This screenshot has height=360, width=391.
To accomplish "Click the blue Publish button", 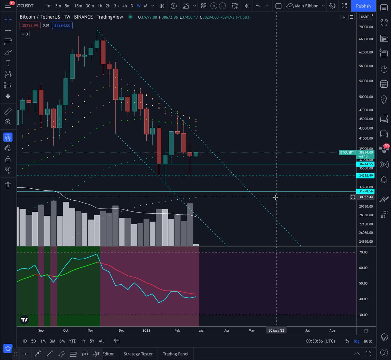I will (363, 6).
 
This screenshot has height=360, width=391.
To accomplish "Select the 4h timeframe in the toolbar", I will (124, 6).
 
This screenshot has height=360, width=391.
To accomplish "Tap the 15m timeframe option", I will (78, 6).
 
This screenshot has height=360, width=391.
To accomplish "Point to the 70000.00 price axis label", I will (366, 27).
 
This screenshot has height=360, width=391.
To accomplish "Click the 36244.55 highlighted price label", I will (366, 164).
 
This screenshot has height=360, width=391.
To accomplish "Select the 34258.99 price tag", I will (366, 176).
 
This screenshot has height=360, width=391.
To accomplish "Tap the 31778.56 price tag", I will (366, 191).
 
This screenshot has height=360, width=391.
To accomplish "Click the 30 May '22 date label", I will (276, 330).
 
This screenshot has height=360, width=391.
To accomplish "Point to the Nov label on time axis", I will (91, 330).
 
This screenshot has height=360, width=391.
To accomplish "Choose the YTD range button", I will (73, 341).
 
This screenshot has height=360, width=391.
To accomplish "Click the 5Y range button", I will (92, 341).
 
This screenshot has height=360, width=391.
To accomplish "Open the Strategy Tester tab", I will (138, 354).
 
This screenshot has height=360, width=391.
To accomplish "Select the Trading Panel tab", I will (176, 354).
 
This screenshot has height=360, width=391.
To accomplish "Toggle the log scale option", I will (357, 341).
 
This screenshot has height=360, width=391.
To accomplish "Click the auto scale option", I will (368, 341).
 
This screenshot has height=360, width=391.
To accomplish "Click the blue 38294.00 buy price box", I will (62, 25).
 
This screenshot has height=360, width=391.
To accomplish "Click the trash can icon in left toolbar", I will (8, 185).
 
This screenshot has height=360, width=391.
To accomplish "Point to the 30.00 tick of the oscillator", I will (363, 315).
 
